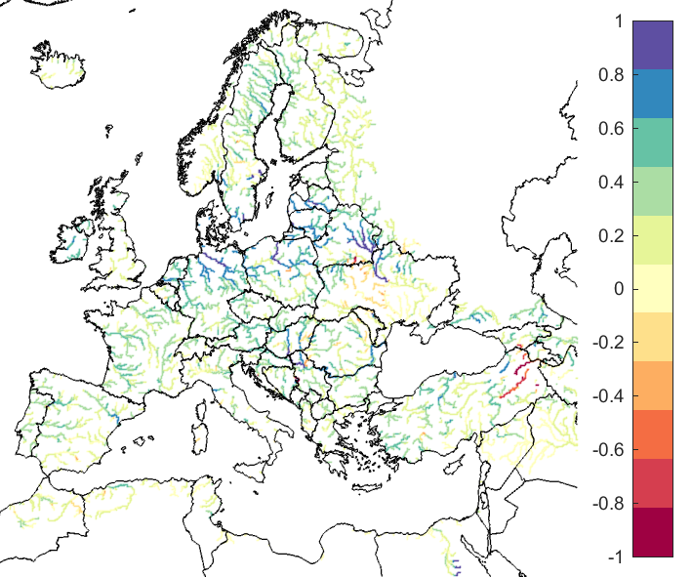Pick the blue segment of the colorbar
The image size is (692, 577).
(652, 94)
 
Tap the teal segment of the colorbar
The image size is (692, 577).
(652, 143)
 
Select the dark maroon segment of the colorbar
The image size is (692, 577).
(652, 532)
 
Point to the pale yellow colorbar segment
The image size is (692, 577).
(652, 289)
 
